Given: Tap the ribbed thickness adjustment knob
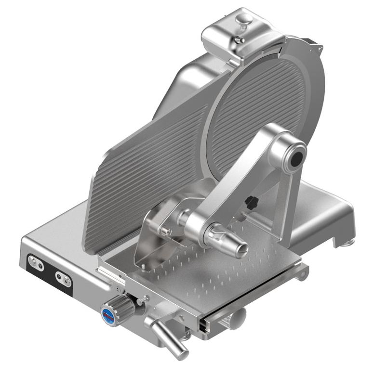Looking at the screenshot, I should [118, 305].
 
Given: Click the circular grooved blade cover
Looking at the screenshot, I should [260, 116].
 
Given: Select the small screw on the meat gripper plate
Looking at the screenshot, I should [167, 232].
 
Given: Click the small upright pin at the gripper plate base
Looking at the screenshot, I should [143, 264].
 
